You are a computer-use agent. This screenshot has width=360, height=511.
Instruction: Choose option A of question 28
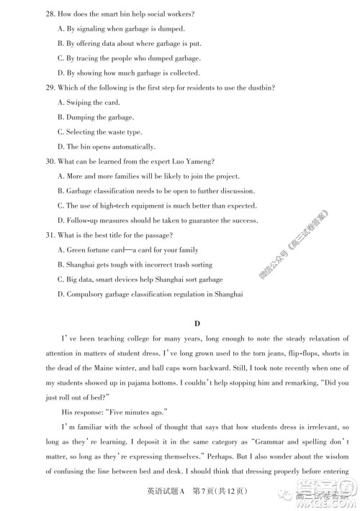click(x=120, y=29)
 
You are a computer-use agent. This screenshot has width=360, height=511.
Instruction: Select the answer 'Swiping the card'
click(x=91, y=102)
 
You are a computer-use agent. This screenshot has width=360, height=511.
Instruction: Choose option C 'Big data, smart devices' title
click(x=144, y=280)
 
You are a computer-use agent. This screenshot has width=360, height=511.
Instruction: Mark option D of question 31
click(x=144, y=294)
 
